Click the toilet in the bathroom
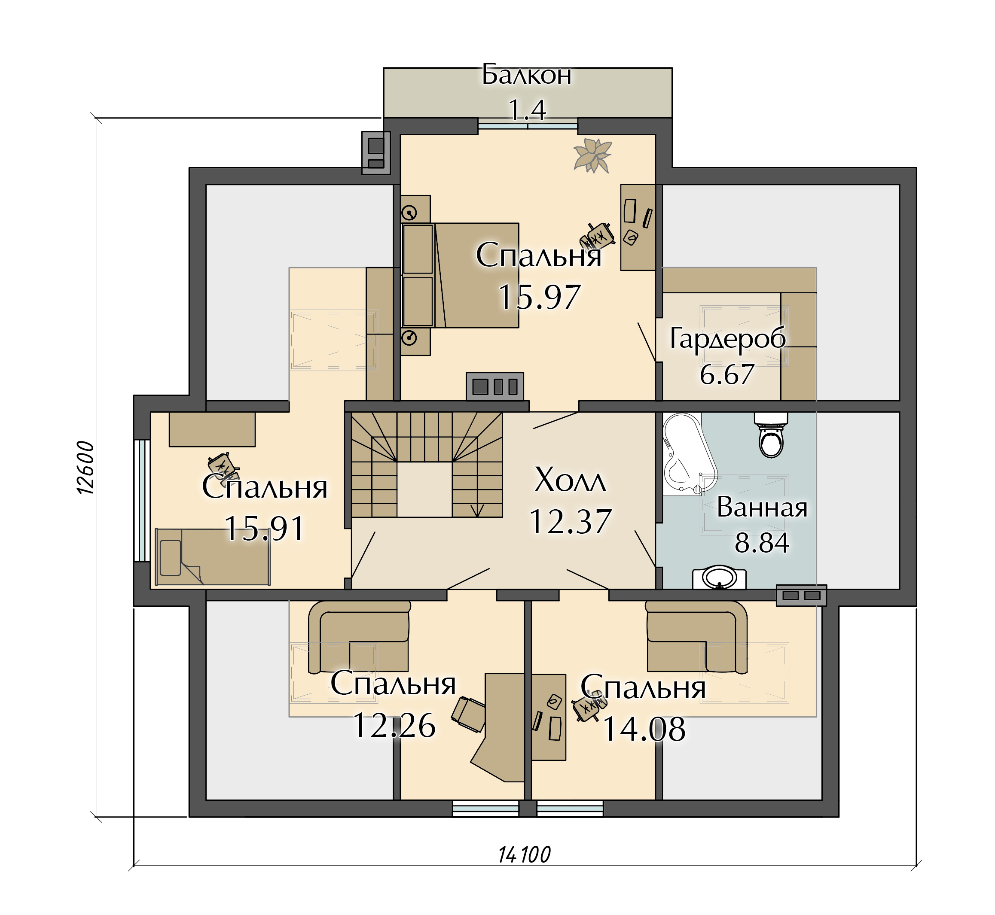pyautogui.click(x=771, y=434)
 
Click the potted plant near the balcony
pyautogui.click(x=592, y=155)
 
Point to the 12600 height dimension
pyautogui.click(x=85, y=468)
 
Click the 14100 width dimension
pyautogui.click(x=524, y=854)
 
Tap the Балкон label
pyautogui.click(x=527, y=75)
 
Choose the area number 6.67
pyautogui.click(x=726, y=374)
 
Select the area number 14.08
pyautogui.click(x=644, y=729)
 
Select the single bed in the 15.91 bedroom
pyautogui.click(x=213, y=557)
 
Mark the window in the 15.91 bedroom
pyautogui.click(x=143, y=500)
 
